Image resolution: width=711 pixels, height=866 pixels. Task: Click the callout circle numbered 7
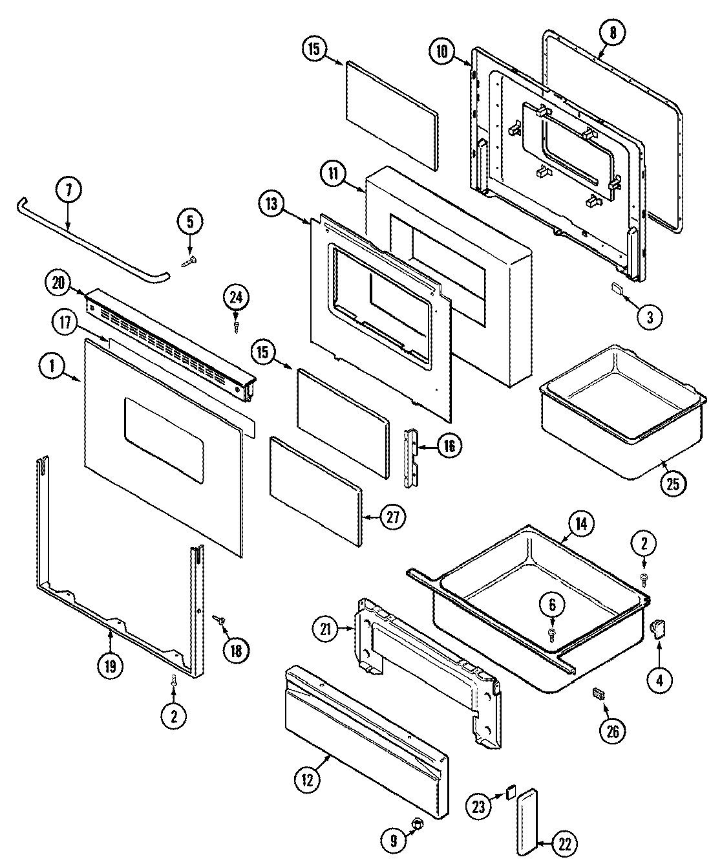[x=69, y=191]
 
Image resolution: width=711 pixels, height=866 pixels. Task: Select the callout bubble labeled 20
[x=59, y=282]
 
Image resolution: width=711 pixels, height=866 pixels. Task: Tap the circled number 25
[x=673, y=484]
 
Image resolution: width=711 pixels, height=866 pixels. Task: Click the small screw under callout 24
[x=237, y=327]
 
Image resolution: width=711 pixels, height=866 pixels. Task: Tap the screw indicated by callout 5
[x=189, y=261]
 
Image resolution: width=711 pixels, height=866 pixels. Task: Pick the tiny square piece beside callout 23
[x=509, y=790]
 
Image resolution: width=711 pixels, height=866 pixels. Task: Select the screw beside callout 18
[x=220, y=620]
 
